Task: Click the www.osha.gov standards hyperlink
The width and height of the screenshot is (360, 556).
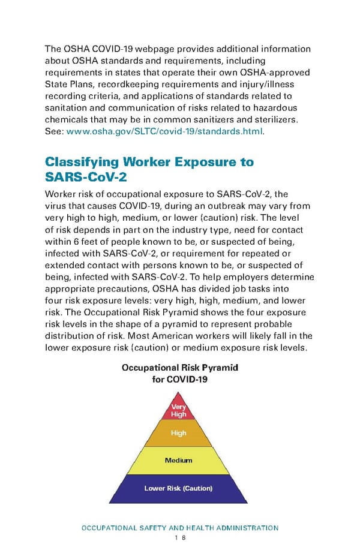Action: (x=163, y=131)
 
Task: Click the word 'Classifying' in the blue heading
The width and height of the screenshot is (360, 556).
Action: (x=81, y=162)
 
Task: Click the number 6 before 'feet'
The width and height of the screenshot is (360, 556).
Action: (x=76, y=242)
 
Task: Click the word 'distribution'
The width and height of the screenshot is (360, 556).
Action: (x=70, y=337)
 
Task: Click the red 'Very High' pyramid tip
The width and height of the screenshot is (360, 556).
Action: (x=179, y=410)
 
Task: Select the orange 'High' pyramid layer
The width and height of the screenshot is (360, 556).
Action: (x=179, y=433)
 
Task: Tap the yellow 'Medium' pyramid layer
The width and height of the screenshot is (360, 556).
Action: (x=179, y=461)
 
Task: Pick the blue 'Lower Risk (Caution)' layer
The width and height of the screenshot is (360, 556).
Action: (x=179, y=488)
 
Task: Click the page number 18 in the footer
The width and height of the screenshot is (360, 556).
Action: (x=179, y=539)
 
